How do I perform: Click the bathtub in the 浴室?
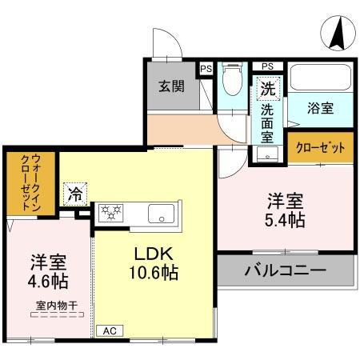320,78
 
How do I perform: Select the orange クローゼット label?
320,147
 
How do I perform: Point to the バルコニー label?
285,270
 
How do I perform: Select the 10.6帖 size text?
150,272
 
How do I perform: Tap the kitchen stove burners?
110,213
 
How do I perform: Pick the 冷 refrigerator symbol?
74,193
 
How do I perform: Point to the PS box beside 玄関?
206,69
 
